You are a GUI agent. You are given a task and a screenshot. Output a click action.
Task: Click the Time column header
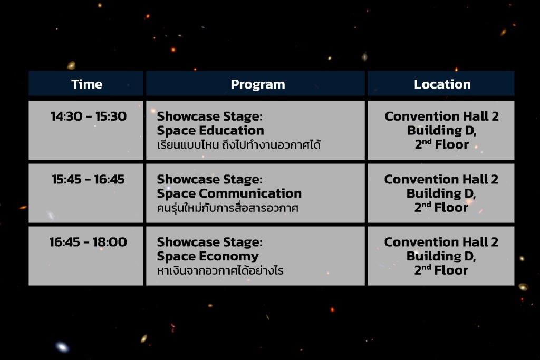click(x=87, y=84)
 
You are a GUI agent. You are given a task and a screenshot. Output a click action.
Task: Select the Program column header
click(x=257, y=85)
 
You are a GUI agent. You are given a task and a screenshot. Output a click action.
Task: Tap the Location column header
click(x=442, y=84)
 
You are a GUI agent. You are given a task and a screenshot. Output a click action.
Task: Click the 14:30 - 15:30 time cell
click(x=89, y=116)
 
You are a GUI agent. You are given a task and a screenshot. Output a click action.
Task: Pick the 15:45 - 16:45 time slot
click(x=88, y=179)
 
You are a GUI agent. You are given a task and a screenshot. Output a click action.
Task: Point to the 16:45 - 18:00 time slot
click(x=88, y=242)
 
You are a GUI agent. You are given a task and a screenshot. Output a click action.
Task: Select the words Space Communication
click(x=229, y=194)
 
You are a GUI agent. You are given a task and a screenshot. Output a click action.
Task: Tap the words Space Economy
click(x=208, y=257)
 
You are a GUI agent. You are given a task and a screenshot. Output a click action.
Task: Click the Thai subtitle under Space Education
click(x=239, y=145)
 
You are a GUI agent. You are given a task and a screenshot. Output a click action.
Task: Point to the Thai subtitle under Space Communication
click(x=228, y=208)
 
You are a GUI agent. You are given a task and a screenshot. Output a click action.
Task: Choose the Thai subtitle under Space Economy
click(x=220, y=270)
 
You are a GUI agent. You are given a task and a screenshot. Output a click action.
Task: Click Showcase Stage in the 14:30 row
click(x=209, y=116)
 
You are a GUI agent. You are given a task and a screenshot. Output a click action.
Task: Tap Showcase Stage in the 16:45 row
click(x=209, y=242)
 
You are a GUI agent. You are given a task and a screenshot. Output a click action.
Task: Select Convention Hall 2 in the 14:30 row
click(x=441, y=116)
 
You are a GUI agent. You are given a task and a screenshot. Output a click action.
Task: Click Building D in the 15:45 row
click(x=441, y=194)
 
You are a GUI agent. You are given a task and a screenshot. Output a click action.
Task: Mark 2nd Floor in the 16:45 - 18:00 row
click(x=441, y=270)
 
